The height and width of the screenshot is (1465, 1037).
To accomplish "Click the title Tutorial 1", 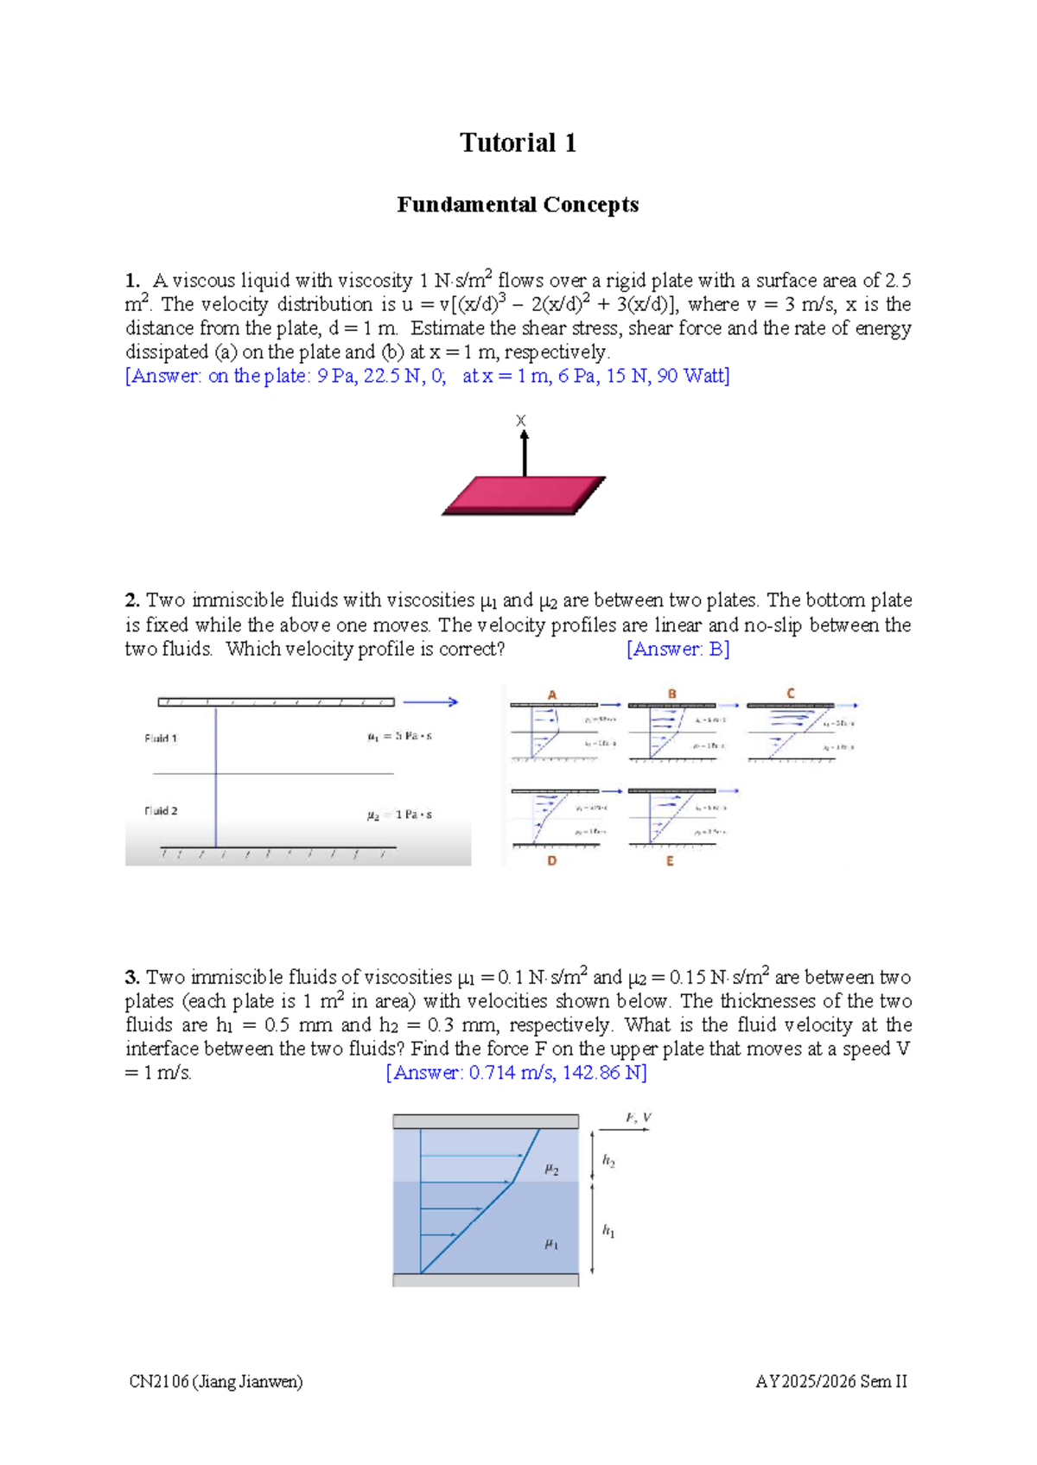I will click(518, 143).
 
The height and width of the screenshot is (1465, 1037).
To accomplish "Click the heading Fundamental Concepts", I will click(518, 205).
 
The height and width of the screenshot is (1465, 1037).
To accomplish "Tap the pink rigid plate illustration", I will click(524, 496).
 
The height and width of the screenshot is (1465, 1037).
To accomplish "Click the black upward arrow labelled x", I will click(524, 452).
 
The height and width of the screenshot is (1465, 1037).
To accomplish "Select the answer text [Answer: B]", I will click(678, 649).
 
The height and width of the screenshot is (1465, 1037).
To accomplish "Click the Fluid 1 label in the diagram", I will click(161, 739).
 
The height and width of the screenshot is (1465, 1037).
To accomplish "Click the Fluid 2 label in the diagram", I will click(161, 811).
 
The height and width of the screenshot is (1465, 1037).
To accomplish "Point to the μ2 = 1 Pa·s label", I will click(398, 815).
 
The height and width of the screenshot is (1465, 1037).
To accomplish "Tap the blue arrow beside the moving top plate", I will click(429, 702).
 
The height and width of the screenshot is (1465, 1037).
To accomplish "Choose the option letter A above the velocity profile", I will click(552, 694).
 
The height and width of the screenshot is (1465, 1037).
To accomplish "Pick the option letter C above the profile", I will click(790, 693).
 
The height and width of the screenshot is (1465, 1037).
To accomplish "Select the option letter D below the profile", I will click(551, 860).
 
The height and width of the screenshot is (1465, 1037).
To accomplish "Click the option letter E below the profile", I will click(670, 860).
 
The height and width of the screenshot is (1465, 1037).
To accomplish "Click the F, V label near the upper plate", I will click(638, 1118).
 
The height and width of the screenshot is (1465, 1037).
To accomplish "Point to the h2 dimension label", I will click(608, 1161).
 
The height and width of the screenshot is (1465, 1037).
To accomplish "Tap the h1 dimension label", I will click(608, 1231).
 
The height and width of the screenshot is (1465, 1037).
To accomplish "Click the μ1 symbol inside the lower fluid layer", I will click(551, 1244).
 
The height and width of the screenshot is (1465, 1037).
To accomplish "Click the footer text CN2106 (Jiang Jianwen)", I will click(216, 1381).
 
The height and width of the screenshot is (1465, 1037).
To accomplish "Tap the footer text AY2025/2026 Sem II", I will click(831, 1381).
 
